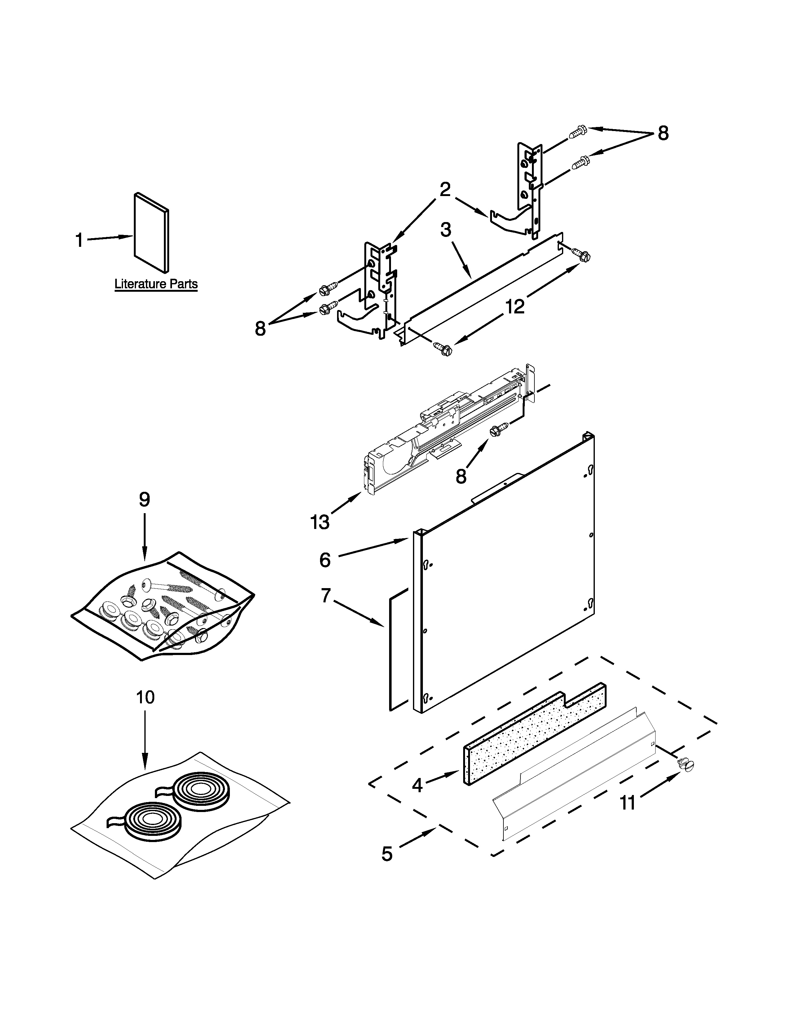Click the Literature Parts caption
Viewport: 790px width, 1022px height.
pyautogui.click(x=156, y=284)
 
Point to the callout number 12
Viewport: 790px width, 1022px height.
pyautogui.click(x=515, y=307)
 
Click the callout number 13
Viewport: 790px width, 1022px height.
pyautogui.click(x=320, y=522)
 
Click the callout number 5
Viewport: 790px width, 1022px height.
pyautogui.click(x=387, y=854)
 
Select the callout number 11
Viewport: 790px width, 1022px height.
pyautogui.click(x=628, y=803)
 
